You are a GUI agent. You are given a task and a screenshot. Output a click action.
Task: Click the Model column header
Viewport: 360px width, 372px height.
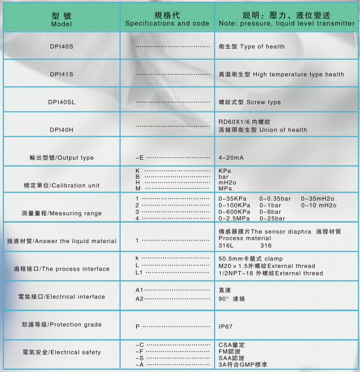coord(61,20)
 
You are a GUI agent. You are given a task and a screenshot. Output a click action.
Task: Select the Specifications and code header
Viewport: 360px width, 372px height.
coord(167,20)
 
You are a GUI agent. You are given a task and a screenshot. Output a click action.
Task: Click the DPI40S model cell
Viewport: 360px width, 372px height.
coord(61,47)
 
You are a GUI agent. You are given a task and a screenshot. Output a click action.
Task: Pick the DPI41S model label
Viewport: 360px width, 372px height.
coord(61,74)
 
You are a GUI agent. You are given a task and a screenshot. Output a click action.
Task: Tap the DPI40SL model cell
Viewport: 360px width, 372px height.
coord(61,102)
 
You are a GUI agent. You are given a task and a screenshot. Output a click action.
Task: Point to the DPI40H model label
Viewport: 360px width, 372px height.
coord(61,129)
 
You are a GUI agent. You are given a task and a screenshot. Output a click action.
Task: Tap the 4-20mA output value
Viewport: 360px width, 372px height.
coord(231,157)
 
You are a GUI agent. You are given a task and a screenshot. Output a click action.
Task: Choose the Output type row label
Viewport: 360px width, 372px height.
coord(61,157)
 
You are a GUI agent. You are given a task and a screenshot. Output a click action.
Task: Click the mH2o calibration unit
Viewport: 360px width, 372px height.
coord(227,182)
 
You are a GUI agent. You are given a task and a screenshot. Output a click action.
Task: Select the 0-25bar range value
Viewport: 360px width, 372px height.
coord(272,218)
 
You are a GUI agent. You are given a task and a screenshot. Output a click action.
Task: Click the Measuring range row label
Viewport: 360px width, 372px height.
coord(61,213)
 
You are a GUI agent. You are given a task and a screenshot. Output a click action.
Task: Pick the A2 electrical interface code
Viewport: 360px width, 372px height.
coord(139,298)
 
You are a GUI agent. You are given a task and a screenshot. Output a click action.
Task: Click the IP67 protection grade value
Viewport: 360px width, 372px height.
coord(226,326)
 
